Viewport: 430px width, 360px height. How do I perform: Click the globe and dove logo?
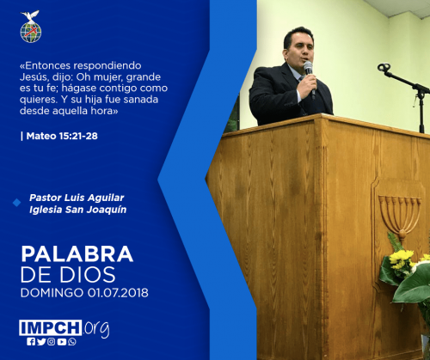click(31, 27)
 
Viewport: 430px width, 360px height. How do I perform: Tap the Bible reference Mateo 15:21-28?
click(62, 136)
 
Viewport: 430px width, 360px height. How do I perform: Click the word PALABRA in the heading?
click(77, 254)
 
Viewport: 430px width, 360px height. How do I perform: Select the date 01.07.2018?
click(118, 293)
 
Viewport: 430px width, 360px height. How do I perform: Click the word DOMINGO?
click(52, 293)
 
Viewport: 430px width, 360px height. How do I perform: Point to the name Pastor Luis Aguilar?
click(77, 198)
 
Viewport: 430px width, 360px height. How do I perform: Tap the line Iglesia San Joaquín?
click(77, 210)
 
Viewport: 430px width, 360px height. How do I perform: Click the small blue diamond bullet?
click(17, 203)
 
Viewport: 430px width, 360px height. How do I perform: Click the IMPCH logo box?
click(51, 327)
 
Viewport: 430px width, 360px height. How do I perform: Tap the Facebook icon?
click(31, 342)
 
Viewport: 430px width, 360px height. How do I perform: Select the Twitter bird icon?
click(41, 342)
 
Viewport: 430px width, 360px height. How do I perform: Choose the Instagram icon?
click(52, 342)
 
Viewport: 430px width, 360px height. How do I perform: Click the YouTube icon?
click(62, 342)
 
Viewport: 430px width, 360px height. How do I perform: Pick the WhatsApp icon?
click(72, 342)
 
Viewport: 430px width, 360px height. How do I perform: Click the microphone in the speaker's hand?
click(310, 77)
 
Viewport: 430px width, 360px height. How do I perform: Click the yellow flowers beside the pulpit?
click(402, 259)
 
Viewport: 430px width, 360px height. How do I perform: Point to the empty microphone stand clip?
click(384, 68)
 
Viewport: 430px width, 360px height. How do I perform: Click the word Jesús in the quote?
click(31, 77)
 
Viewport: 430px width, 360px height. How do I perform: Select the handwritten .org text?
click(96, 328)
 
